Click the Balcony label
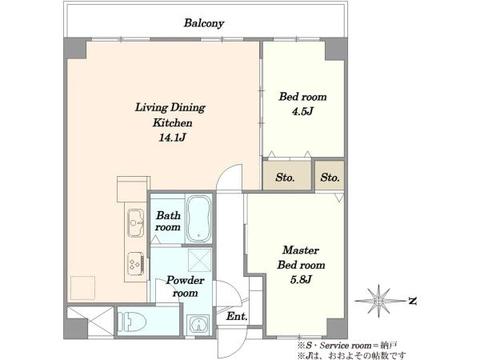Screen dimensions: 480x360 204,23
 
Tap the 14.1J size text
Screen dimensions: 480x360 172,138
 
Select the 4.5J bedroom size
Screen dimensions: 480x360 302,111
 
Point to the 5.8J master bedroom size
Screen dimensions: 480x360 301,279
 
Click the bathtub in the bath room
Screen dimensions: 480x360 198,218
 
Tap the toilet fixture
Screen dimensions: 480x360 132,322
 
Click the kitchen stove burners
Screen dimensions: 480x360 136,263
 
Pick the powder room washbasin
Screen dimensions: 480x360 199,325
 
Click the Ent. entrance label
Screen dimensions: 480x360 237,316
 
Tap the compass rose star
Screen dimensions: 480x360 379,302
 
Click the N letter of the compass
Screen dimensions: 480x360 413,302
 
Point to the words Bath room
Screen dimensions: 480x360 168,222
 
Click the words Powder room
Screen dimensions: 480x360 186,286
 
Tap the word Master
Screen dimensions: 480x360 301,250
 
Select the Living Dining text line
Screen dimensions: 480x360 170,107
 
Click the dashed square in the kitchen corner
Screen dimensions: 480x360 82,288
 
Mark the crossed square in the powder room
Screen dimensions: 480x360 199,260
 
